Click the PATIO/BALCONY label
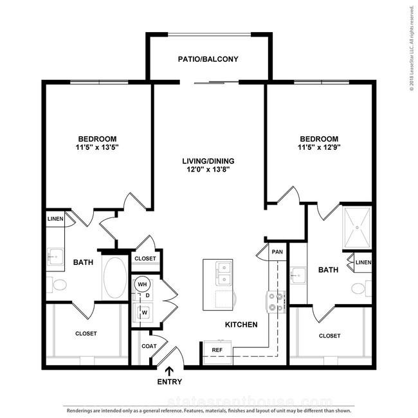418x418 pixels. [x=208, y=59]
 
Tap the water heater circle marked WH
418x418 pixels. [x=142, y=284]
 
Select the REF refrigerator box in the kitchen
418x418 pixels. [x=217, y=352]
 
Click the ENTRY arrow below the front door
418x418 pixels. [x=169, y=371]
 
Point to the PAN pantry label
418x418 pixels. [x=277, y=251]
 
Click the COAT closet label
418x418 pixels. [x=149, y=346]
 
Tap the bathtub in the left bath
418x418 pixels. [x=115, y=277]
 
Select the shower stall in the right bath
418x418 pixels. [x=357, y=228]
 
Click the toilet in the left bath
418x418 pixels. [x=57, y=285]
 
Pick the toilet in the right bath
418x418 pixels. [x=361, y=288]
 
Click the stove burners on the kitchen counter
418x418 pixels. [x=276, y=302]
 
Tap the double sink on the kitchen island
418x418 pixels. [x=224, y=273]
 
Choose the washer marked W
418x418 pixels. [x=143, y=313]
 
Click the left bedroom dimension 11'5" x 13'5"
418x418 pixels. [x=97, y=147]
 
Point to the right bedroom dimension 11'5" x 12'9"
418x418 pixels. [x=319, y=147]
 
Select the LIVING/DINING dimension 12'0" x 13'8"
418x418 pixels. [x=208, y=169]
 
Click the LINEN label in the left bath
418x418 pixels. [x=55, y=219]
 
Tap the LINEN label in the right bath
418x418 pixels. [x=363, y=262]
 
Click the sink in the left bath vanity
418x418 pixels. [x=56, y=257]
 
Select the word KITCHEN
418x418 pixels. [x=241, y=324]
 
